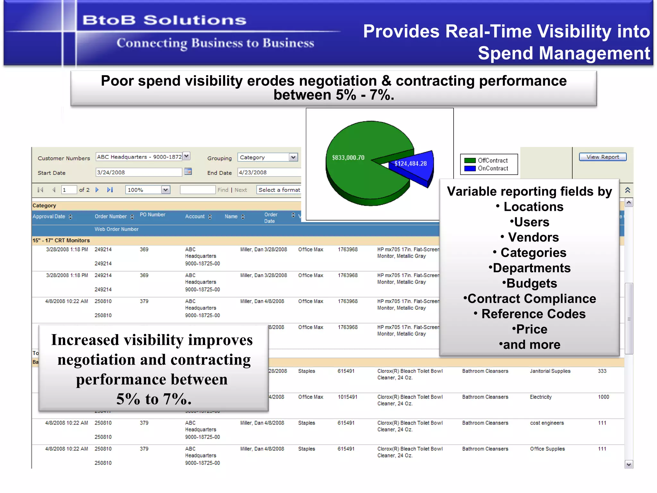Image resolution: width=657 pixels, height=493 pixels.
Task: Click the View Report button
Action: pos(602,157)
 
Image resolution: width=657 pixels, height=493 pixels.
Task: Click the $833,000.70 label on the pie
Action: pos(348,158)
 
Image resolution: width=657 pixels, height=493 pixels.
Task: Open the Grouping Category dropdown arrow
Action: pos(293,157)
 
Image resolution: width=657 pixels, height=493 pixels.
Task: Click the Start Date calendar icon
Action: pos(188,171)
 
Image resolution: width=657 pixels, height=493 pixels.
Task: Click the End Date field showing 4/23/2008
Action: pos(268,172)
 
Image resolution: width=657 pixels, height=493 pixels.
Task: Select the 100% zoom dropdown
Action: pos(147,190)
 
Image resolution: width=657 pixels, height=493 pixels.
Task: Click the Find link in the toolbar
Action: pos(223,190)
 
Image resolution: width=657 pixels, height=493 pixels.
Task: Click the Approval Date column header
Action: pos(49,216)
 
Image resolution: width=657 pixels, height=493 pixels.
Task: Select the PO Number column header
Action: pos(152,214)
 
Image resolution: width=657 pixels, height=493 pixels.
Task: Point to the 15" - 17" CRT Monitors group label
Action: pos(61,240)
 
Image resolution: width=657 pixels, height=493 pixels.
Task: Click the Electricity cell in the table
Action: pos(541,397)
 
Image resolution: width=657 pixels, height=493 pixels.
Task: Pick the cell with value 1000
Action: pos(603,397)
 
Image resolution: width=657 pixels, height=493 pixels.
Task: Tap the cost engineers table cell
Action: pos(547,423)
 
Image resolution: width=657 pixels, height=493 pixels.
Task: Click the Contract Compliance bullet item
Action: pos(530,298)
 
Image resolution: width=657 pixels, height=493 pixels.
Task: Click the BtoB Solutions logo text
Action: pos(164,20)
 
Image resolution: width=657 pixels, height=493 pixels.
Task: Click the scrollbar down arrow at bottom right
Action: pos(628,464)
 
